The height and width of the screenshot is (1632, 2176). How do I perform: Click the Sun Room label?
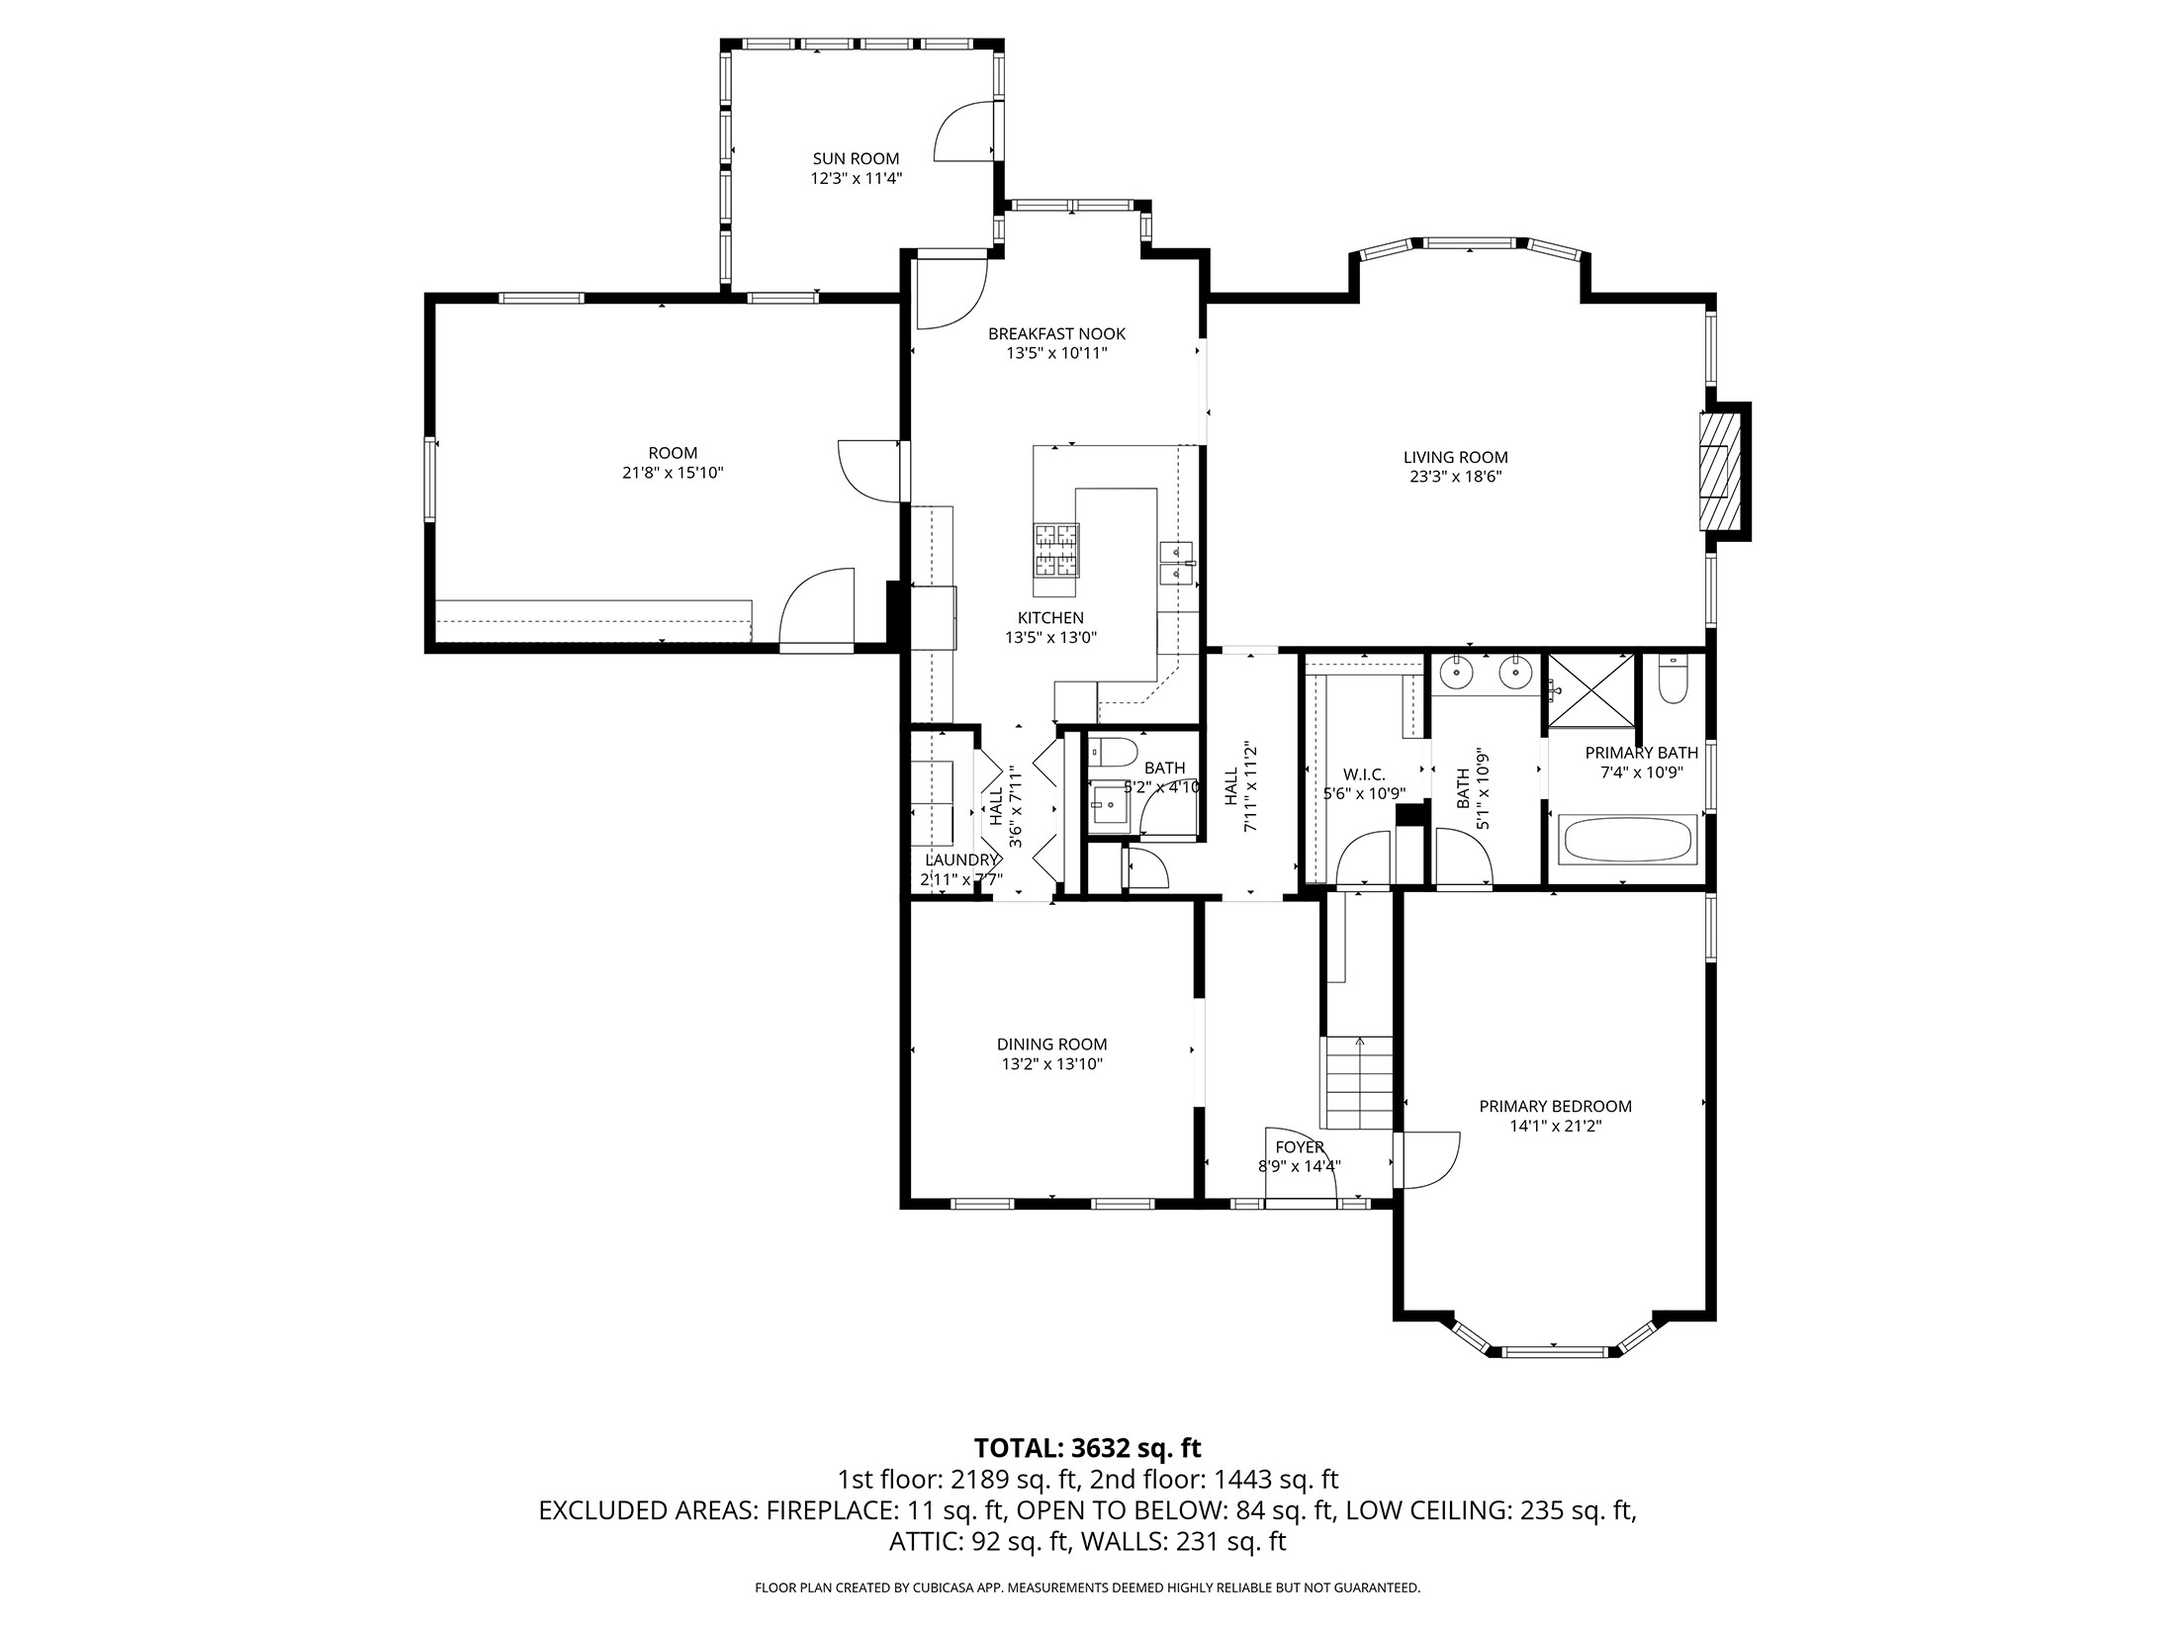click(856, 158)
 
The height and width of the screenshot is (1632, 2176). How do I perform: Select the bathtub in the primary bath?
click(1627, 840)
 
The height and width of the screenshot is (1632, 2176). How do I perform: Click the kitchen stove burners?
click(1056, 550)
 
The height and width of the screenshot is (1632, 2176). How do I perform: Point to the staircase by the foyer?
click(1359, 1083)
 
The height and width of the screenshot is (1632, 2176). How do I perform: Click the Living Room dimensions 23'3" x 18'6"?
click(1455, 476)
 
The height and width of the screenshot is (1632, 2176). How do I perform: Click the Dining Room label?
click(1051, 1043)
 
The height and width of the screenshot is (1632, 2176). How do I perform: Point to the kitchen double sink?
click(1176, 561)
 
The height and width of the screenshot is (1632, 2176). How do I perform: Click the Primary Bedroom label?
click(1555, 1106)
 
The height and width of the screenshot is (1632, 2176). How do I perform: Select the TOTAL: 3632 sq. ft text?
click(1087, 1448)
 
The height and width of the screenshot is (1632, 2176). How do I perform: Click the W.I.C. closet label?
click(1364, 774)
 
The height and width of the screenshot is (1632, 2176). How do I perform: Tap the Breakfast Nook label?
click(1056, 333)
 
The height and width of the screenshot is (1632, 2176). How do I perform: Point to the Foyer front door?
click(1301, 1203)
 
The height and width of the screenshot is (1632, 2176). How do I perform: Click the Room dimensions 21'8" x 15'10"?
click(673, 473)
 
